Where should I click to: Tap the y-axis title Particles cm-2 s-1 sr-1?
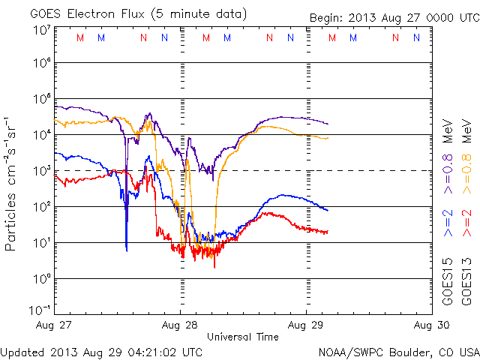tap(13, 183)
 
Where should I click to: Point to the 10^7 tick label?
tap(40, 30)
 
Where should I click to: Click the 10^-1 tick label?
tap(40, 310)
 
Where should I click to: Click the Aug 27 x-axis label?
tap(55, 325)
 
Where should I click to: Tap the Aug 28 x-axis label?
tap(180, 325)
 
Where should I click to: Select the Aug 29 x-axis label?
tap(306, 325)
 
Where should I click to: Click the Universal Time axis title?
tap(242, 337)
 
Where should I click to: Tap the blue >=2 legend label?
tap(448, 223)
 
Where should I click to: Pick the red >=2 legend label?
tap(466, 223)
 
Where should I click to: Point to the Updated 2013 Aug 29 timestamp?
tap(101, 351)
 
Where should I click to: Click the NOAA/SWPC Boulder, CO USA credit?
tap(397, 351)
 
